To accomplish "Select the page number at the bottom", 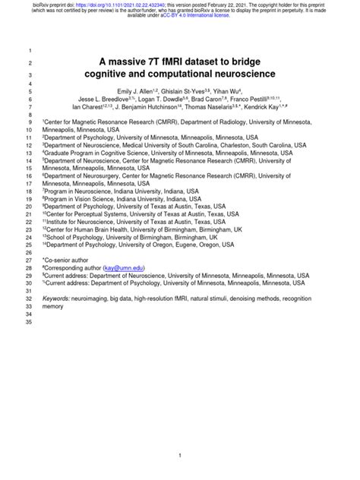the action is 179,455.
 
